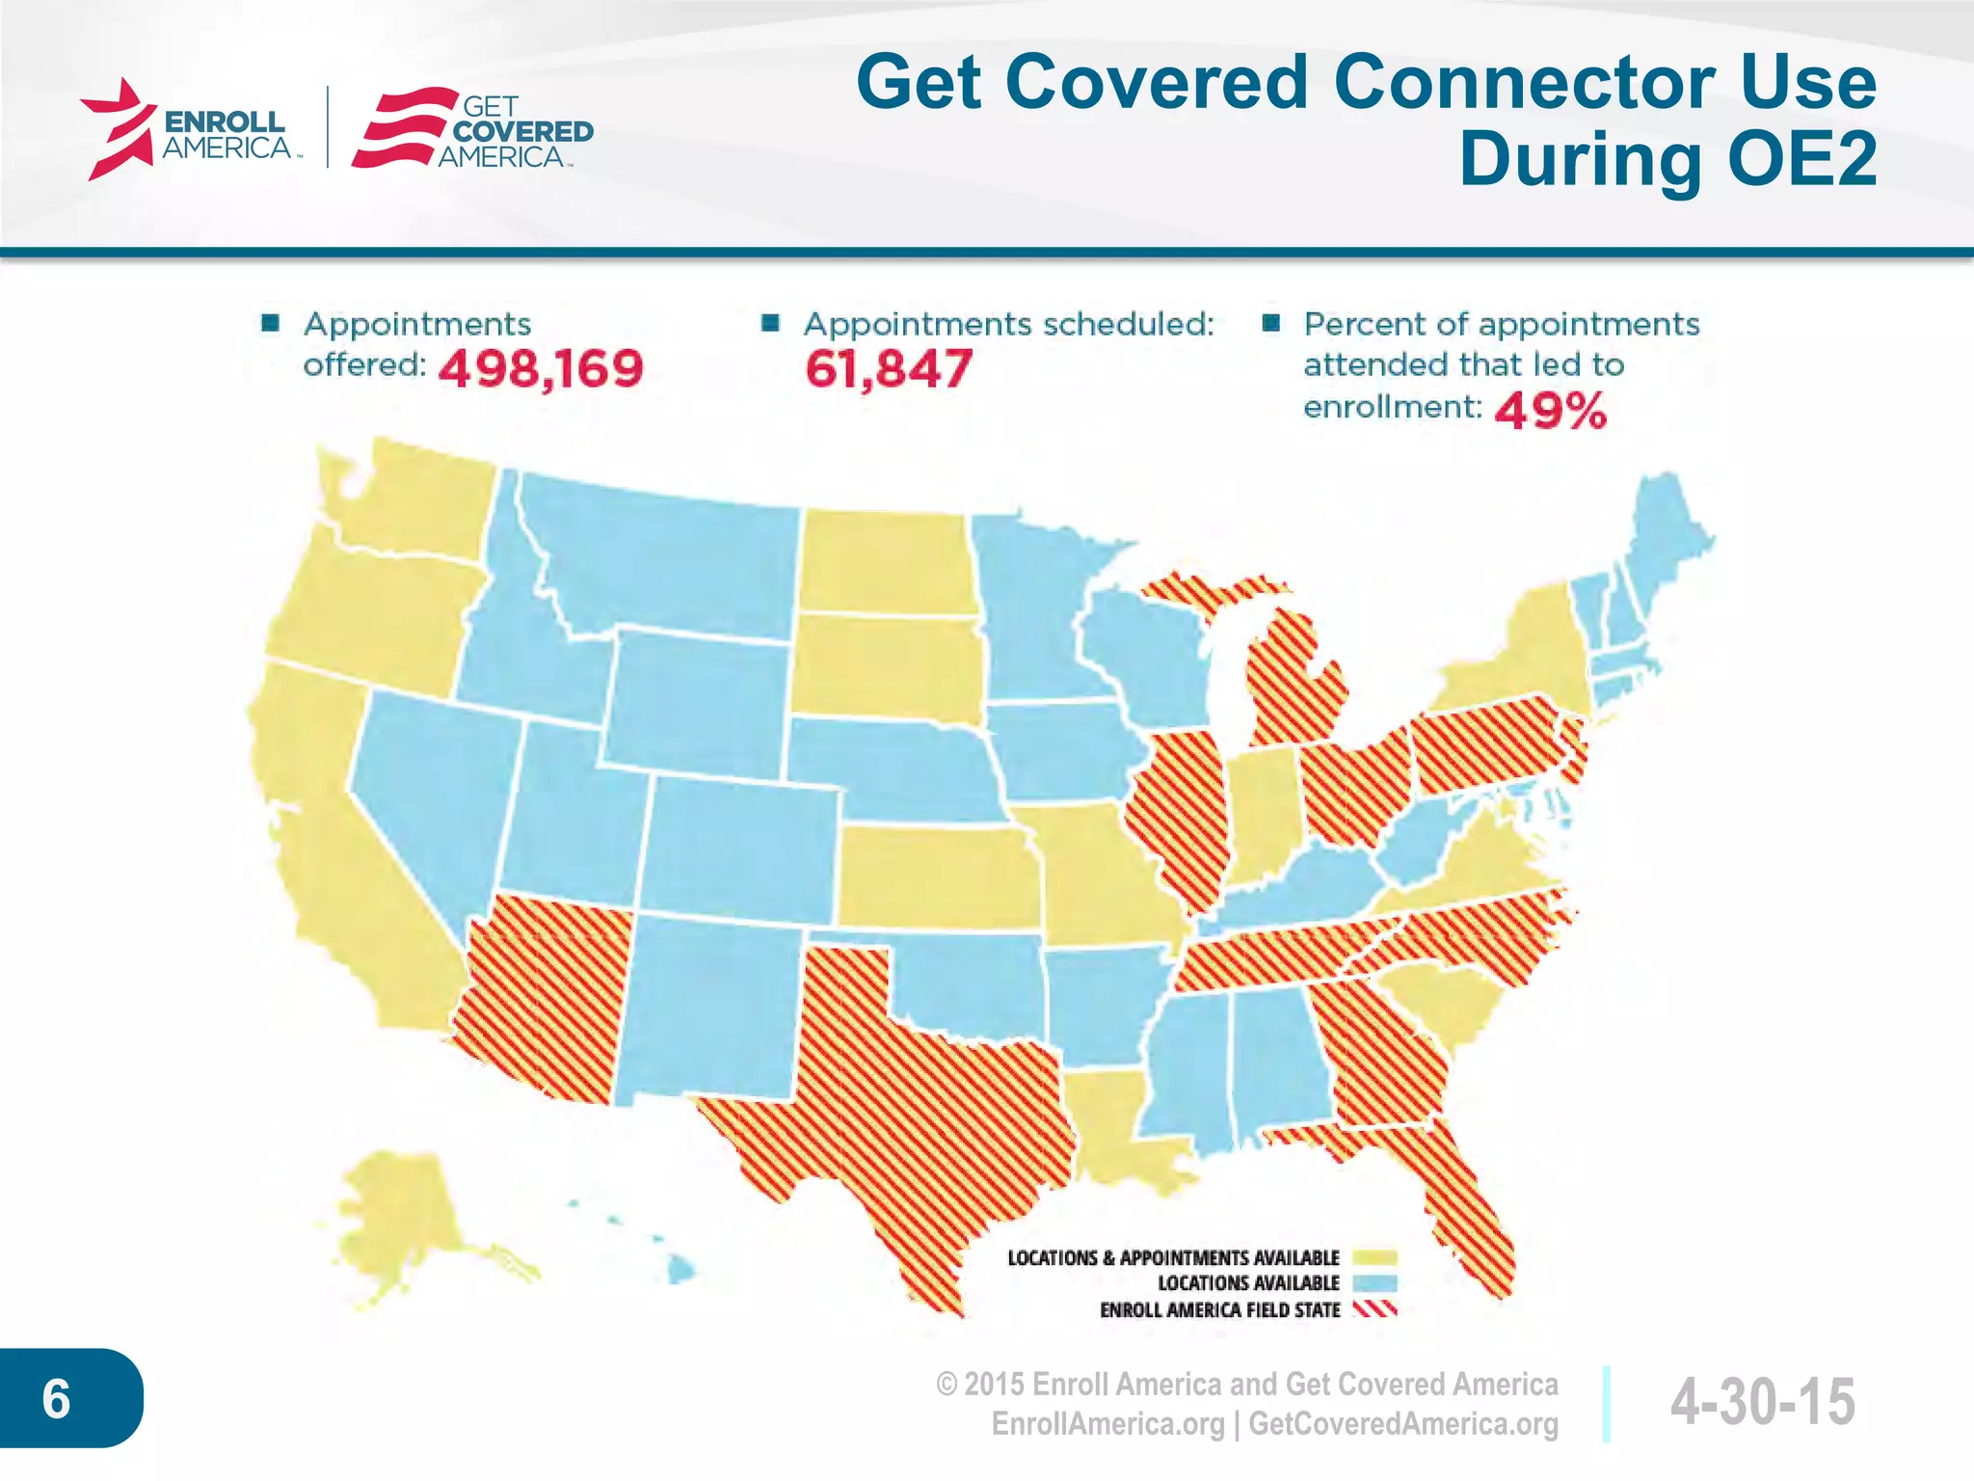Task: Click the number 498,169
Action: pyautogui.click(x=541, y=369)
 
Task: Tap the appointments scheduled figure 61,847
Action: pyautogui.click(x=889, y=369)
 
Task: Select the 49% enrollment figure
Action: pyautogui.click(x=1551, y=412)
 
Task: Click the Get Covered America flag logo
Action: pyautogui.click(x=405, y=128)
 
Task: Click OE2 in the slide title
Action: pyautogui.click(x=1802, y=159)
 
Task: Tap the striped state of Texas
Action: pyautogui.click(x=925, y=1109)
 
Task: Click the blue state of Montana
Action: pyautogui.click(x=675, y=559)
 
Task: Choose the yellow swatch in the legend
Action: pyautogui.click(x=1374, y=1257)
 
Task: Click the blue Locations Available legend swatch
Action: pyautogui.click(x=1374, y=1283)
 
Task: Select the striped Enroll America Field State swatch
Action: pyautogui.click(x=1374, y=1309)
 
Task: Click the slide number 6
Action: pyautogui.click(x=57, y=1398)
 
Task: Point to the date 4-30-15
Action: pyautogui.click(x=1762, y=1401)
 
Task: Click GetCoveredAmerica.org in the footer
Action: pyautogui.click(x=1403, y=1424)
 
